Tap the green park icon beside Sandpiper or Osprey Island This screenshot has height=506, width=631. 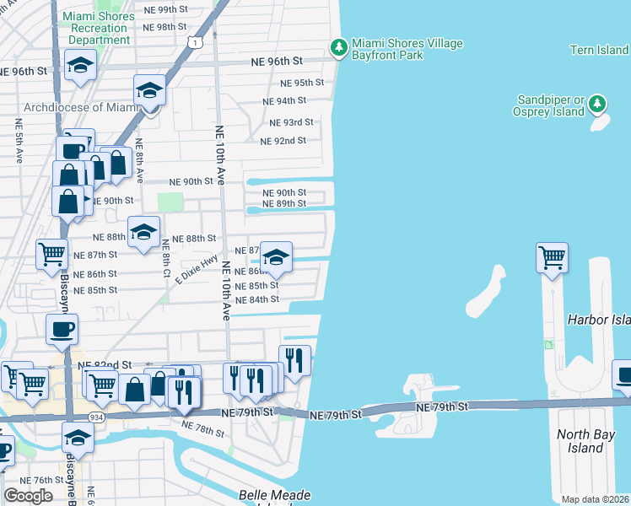(x=597, y=104)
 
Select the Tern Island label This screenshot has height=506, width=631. (x=599, y=51)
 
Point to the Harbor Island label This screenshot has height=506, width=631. (x=598, y=320)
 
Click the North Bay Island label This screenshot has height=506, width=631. (x=591, y=441)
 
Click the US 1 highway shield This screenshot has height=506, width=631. (x=196, y=41)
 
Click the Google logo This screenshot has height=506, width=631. (x=28, y=496)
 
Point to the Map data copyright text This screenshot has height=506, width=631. (x=595, y=499)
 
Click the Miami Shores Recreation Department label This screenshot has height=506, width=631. (x=99, y=28)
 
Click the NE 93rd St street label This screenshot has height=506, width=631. (x=291, y=122)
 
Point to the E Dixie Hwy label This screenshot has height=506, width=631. (x=197, y=269)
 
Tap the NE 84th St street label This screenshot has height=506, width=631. (x=257, y=299)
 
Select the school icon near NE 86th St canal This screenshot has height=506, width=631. (x=276, y=256)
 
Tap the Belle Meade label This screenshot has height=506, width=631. (x=275, y=495)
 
